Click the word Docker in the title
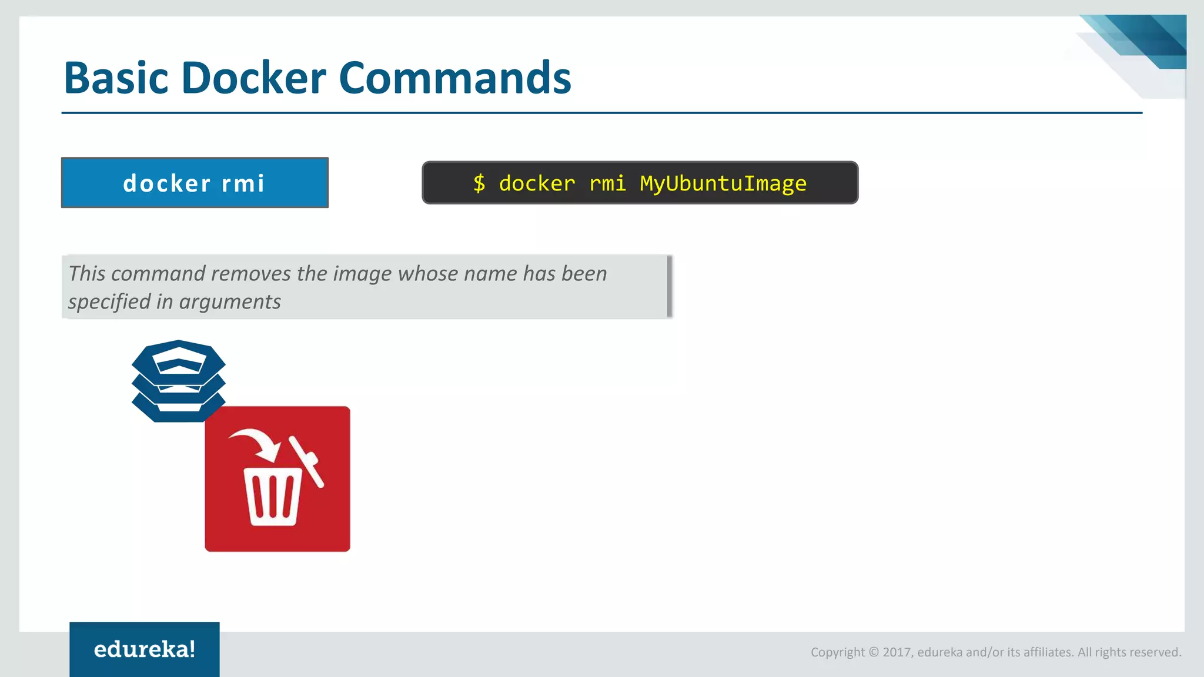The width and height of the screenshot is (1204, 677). tap(254, 78)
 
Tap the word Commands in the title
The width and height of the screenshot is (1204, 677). tap(455, 78)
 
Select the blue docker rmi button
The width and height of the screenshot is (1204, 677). tap(195, 183)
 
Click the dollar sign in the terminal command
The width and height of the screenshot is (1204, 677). tap(479, 183)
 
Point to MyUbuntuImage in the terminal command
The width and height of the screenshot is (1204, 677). tap(723, 183)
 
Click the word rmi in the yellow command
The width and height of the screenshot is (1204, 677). tap(608, 183)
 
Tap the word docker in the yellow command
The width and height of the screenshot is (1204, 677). tap(537, 183)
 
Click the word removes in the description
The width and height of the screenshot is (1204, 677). tap(251, 274)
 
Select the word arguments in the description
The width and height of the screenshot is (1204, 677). tap(230, 302)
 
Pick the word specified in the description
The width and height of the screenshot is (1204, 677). tap(109, 302)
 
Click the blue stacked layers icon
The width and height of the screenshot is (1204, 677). tap(178, 380)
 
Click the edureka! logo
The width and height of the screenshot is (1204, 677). tap(145, 649)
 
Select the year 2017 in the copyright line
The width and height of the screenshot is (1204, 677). tap(897, 652)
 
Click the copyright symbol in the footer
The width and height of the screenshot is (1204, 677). tap(874, 652)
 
